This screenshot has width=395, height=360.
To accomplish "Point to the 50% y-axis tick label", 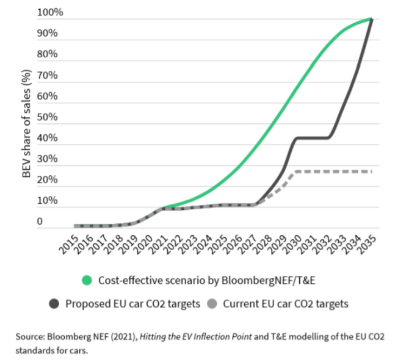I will tap(49, 117).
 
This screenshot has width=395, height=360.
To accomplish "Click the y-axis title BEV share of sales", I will tap(26, 123).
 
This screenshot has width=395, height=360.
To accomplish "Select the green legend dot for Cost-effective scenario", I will tap(89, 280).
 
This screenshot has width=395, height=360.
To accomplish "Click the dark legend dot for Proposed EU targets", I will tap(55, 304).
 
